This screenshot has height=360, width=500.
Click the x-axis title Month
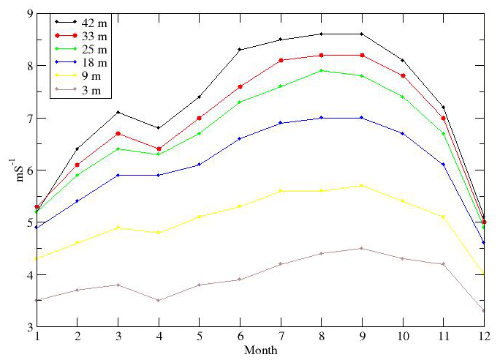point(261,350)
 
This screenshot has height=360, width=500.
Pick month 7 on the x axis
point(281,337)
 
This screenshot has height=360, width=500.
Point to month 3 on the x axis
point(118,337)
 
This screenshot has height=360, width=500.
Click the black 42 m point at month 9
point(362,34)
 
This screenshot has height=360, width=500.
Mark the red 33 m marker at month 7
point(281,60)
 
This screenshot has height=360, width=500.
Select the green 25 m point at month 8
point(322,70)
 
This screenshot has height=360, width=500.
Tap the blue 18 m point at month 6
point(240,138)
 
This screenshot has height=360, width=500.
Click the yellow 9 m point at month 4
point(159,233)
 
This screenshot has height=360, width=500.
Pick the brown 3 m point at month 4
point(159,300)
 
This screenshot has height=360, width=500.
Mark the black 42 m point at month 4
point(159,128)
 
